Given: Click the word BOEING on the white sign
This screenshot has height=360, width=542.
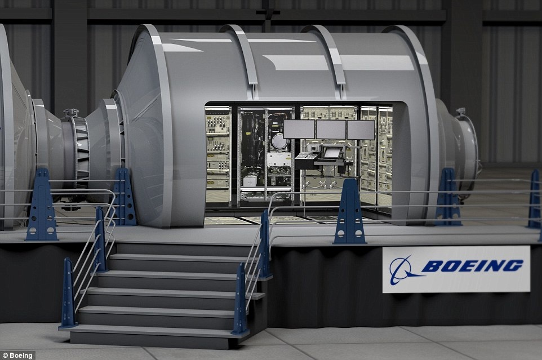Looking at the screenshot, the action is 472,266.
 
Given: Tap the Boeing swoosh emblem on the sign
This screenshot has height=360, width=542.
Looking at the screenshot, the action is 405,270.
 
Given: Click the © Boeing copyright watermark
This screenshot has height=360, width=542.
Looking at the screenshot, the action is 17,355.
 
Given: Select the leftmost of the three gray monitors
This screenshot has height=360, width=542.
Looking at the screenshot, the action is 299,129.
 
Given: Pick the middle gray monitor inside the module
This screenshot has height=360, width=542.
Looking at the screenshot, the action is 331,130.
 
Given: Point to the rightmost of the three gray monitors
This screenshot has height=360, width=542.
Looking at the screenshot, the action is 361,130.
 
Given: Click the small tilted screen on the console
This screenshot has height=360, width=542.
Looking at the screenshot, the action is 331,152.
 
